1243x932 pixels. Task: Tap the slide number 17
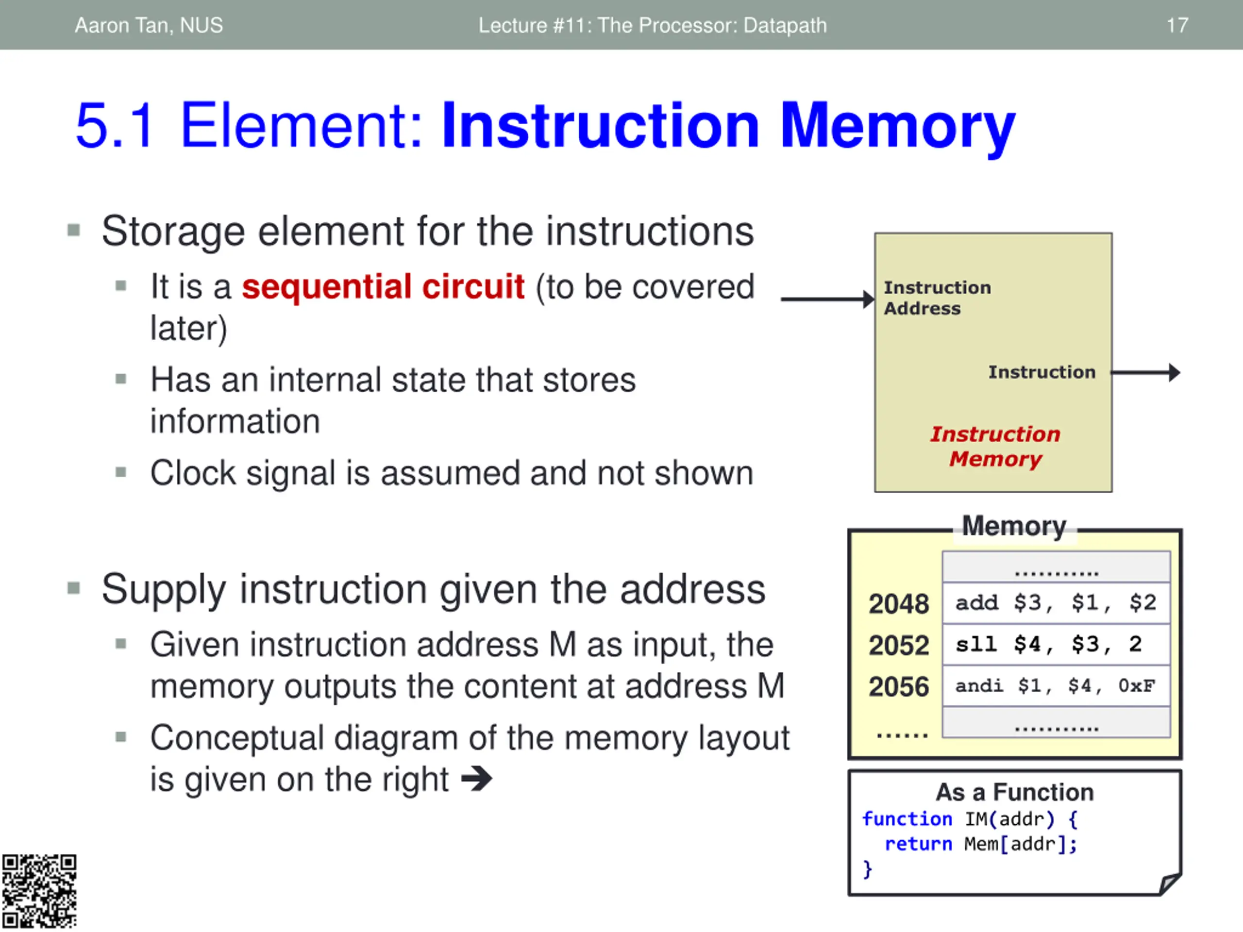[1176, 25]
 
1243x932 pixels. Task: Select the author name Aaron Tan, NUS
[149, 25]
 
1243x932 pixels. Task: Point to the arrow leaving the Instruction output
[1146, 372]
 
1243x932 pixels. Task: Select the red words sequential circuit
[383, 286]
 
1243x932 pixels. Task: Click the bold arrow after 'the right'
[476, 779]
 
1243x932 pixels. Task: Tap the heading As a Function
[1014, 792]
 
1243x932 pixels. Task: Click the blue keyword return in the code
[918, 844]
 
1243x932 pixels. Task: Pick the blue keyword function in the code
[907, 819]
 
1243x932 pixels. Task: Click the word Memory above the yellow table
[1014, 526]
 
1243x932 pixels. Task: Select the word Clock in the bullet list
[193, 473]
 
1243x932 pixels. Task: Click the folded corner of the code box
[1169, 883]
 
